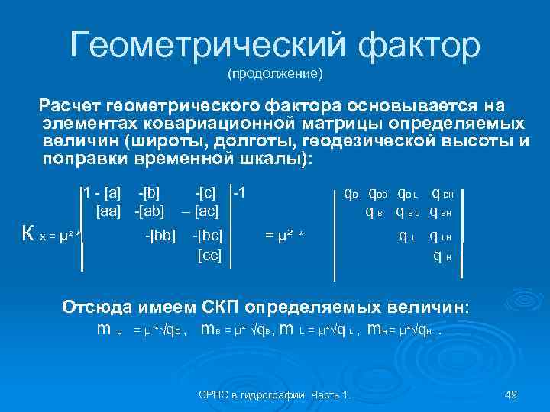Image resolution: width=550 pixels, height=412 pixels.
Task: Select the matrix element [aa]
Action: point(112,209)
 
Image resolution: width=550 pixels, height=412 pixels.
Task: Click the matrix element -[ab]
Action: point(150,209)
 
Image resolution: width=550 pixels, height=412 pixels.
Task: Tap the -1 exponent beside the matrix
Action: point(238,191)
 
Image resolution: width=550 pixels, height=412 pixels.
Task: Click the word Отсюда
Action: point(98,307)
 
